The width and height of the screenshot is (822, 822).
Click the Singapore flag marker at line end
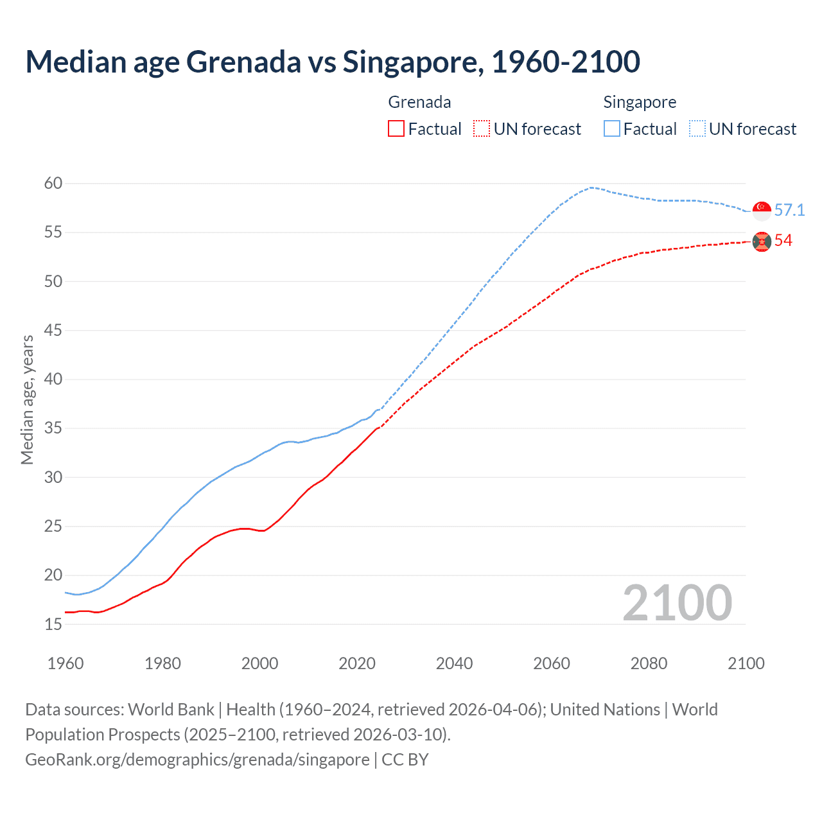click(x=762, y=211)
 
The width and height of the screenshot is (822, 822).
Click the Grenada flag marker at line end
click(x=762, y=241)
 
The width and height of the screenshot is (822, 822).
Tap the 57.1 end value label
click(x=789, y=211)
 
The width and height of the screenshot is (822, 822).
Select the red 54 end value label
click(x=783, y=241)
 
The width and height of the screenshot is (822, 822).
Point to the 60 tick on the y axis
click(x=53, y=184)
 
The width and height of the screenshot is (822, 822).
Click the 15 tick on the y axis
click(x=53, y=624)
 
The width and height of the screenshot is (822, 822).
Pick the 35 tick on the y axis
click(x=53, y=428)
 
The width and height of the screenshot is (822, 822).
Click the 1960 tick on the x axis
click(x=66, y=663)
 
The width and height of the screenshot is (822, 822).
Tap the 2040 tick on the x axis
click(x=454, y=663)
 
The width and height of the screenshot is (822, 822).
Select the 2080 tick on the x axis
click(x=649, y=663)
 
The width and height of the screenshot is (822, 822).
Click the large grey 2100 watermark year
click(x=677, y=602)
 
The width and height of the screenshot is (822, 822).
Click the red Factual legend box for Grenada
click(x=396, y=129)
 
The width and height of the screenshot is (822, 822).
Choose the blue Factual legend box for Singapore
click(x=612, y=129)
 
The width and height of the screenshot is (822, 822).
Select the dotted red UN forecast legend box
click(x=482, y=129)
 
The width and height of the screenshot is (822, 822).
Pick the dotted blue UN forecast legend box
click(x=697, y=129)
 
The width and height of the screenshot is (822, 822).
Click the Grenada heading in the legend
click(x=419, y=102)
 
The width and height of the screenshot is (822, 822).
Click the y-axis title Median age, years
click(x=27, y=399)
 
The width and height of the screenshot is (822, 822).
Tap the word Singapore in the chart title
click(x=411, y=62)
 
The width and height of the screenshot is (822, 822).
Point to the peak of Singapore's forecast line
click(x=591, y=188)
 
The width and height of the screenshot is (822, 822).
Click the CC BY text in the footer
click(x=405, y=760)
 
